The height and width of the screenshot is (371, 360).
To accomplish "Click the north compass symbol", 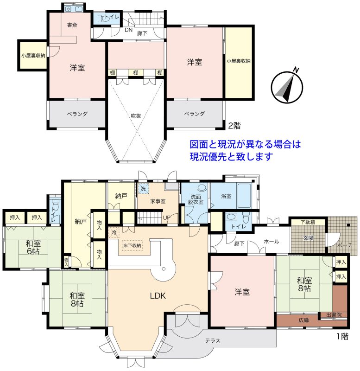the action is click(287, 86).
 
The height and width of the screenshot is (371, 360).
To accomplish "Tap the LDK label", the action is click(158, 295).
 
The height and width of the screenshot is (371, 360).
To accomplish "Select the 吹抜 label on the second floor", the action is click(136, 115).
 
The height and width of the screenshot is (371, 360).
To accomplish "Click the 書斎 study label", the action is click(72, 25).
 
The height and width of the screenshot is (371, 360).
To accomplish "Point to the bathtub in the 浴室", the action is click(244, 195).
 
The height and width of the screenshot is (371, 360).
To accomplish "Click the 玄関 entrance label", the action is click(308, 238).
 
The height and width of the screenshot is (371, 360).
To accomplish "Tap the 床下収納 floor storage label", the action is click(132, 246).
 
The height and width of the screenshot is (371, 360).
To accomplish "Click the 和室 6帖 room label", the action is click(33, 247).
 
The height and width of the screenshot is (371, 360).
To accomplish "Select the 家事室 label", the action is click(158, 201).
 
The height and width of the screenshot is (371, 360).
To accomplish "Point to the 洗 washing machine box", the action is click(144, 189).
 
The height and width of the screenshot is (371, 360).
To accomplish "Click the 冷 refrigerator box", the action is click(114, 233).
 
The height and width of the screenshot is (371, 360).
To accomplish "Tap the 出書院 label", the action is click(334, 315).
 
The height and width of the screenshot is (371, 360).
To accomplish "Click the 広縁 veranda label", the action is click(304, 320).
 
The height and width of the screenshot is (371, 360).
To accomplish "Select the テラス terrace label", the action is click(213, 340).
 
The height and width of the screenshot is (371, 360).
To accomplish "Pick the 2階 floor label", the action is click(234, 126).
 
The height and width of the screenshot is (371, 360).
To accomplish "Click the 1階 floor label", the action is click(342, 336).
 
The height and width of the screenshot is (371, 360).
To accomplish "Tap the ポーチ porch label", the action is click(345, 245).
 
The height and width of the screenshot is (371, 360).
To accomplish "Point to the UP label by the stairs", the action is click(167, 217).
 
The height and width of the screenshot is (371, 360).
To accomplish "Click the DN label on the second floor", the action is click(129, 30).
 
